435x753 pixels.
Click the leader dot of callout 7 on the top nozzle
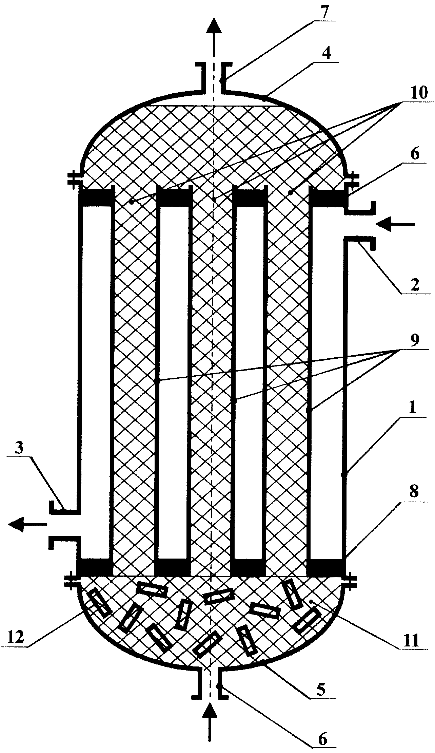[221, 81]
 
